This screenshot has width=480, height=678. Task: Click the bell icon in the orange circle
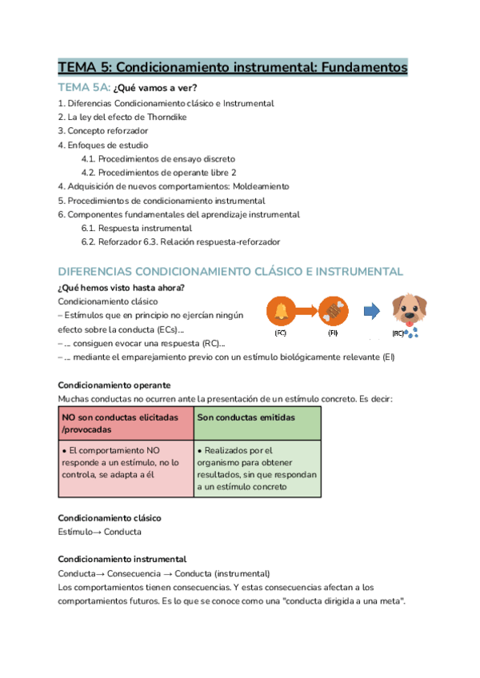pos(281,309)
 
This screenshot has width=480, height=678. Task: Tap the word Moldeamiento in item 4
pos(261,186)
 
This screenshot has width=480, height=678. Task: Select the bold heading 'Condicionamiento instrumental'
pos(122,560)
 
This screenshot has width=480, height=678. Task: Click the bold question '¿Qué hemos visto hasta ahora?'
pos(122,288)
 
